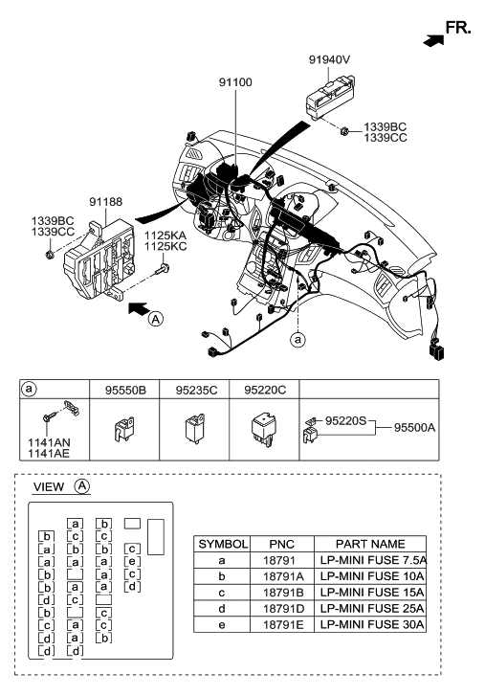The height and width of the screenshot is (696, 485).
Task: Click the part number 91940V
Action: (x=329, y=59)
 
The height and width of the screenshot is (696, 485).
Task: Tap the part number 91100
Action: (x=235, y=82)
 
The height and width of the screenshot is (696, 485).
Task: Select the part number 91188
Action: (x=105, y=202)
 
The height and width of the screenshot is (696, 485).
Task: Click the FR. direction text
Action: (x=458, y=28)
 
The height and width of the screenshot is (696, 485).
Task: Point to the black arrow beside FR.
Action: (x=433, y=40)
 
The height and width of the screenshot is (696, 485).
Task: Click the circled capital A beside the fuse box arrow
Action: (x=156, y=319)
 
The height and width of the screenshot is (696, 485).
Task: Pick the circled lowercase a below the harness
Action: (x=298, y=340)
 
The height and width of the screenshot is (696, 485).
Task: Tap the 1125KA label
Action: (x=165, y=236)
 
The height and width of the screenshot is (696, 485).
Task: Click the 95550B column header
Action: (x=125, y=391)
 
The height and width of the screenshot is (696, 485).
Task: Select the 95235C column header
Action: (x=196, y=391)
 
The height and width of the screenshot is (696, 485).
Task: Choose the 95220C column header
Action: (x=265, y=391)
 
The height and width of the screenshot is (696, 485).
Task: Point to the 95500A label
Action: (x=414, y=427)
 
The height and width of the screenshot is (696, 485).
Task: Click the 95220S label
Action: (x=345, y=420)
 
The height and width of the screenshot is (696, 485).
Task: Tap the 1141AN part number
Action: (x=49, y=442)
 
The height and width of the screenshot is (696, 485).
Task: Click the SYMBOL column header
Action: (x=223, y=544)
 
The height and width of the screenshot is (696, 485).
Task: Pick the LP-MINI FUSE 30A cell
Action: (x=371, y=624)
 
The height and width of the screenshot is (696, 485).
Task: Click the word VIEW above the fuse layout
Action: (x=49, y=487)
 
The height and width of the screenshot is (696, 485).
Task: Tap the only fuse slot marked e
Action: (x=132, y=562)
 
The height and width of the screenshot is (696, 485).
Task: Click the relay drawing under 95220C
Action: (x=264, y=429)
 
